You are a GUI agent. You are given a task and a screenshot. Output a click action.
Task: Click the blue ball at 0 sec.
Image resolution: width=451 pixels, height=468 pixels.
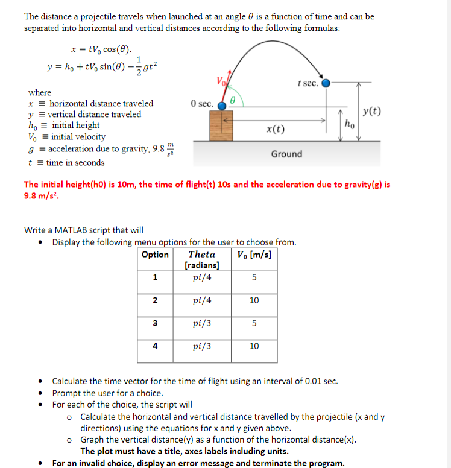222,106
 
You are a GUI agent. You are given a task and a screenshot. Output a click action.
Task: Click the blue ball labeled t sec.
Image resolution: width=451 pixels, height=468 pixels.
326,83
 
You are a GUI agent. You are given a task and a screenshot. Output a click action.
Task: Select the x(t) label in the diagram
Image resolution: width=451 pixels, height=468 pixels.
276,130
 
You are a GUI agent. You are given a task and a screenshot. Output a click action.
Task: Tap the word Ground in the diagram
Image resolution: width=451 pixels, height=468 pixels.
286,154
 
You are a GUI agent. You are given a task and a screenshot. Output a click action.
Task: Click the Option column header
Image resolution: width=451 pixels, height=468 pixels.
155,255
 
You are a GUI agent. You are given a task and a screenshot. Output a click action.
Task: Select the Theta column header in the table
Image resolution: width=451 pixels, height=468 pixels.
201,255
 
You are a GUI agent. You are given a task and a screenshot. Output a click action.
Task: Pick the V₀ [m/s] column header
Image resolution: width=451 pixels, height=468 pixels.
254,255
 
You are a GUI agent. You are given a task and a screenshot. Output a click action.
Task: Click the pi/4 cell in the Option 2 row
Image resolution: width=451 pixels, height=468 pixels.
201,300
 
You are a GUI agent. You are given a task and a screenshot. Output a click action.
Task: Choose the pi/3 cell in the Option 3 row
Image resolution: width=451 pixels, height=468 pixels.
201,323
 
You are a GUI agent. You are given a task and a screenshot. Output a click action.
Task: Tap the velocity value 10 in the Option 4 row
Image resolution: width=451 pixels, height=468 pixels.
254,346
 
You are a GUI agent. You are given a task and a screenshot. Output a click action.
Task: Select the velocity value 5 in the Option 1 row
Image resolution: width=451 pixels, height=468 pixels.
254,277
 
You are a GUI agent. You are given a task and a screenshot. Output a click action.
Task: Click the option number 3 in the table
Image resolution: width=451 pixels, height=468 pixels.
155,323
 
